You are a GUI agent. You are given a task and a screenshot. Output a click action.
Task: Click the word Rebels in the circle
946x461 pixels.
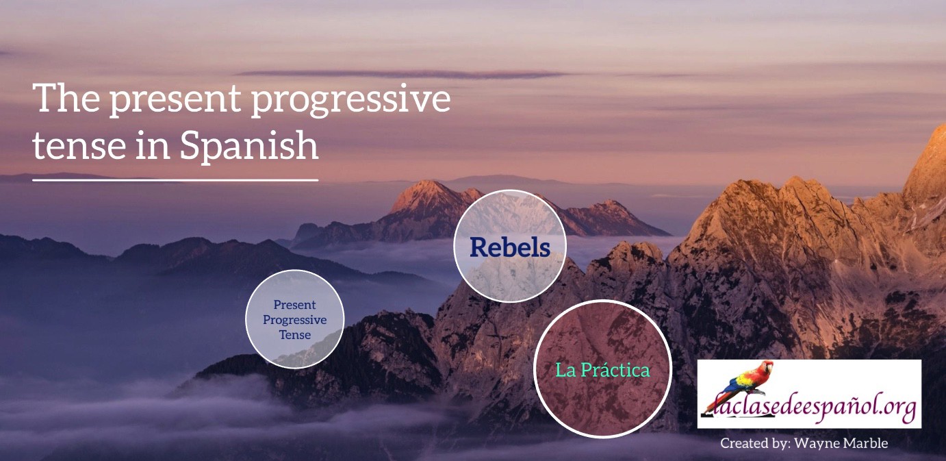coord(509,247)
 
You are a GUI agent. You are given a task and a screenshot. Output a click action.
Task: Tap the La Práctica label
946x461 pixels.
coord(602,370)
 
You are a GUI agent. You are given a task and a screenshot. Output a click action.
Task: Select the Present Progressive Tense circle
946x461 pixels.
coord(294,319)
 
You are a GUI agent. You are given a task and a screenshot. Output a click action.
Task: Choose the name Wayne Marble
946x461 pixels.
coord(841,443)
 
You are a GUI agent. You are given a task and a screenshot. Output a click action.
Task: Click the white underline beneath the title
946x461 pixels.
coord(175,180)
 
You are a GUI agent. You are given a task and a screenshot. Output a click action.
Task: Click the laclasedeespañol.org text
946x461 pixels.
coord(811,409)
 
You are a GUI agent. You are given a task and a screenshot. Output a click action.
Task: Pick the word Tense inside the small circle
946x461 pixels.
coord(295,335)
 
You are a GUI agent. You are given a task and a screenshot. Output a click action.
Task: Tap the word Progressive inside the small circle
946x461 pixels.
coord(295,320)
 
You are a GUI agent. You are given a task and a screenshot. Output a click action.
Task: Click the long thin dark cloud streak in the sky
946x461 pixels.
coord(411,73)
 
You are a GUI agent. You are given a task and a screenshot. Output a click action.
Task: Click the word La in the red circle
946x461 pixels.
coord(565,370)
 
